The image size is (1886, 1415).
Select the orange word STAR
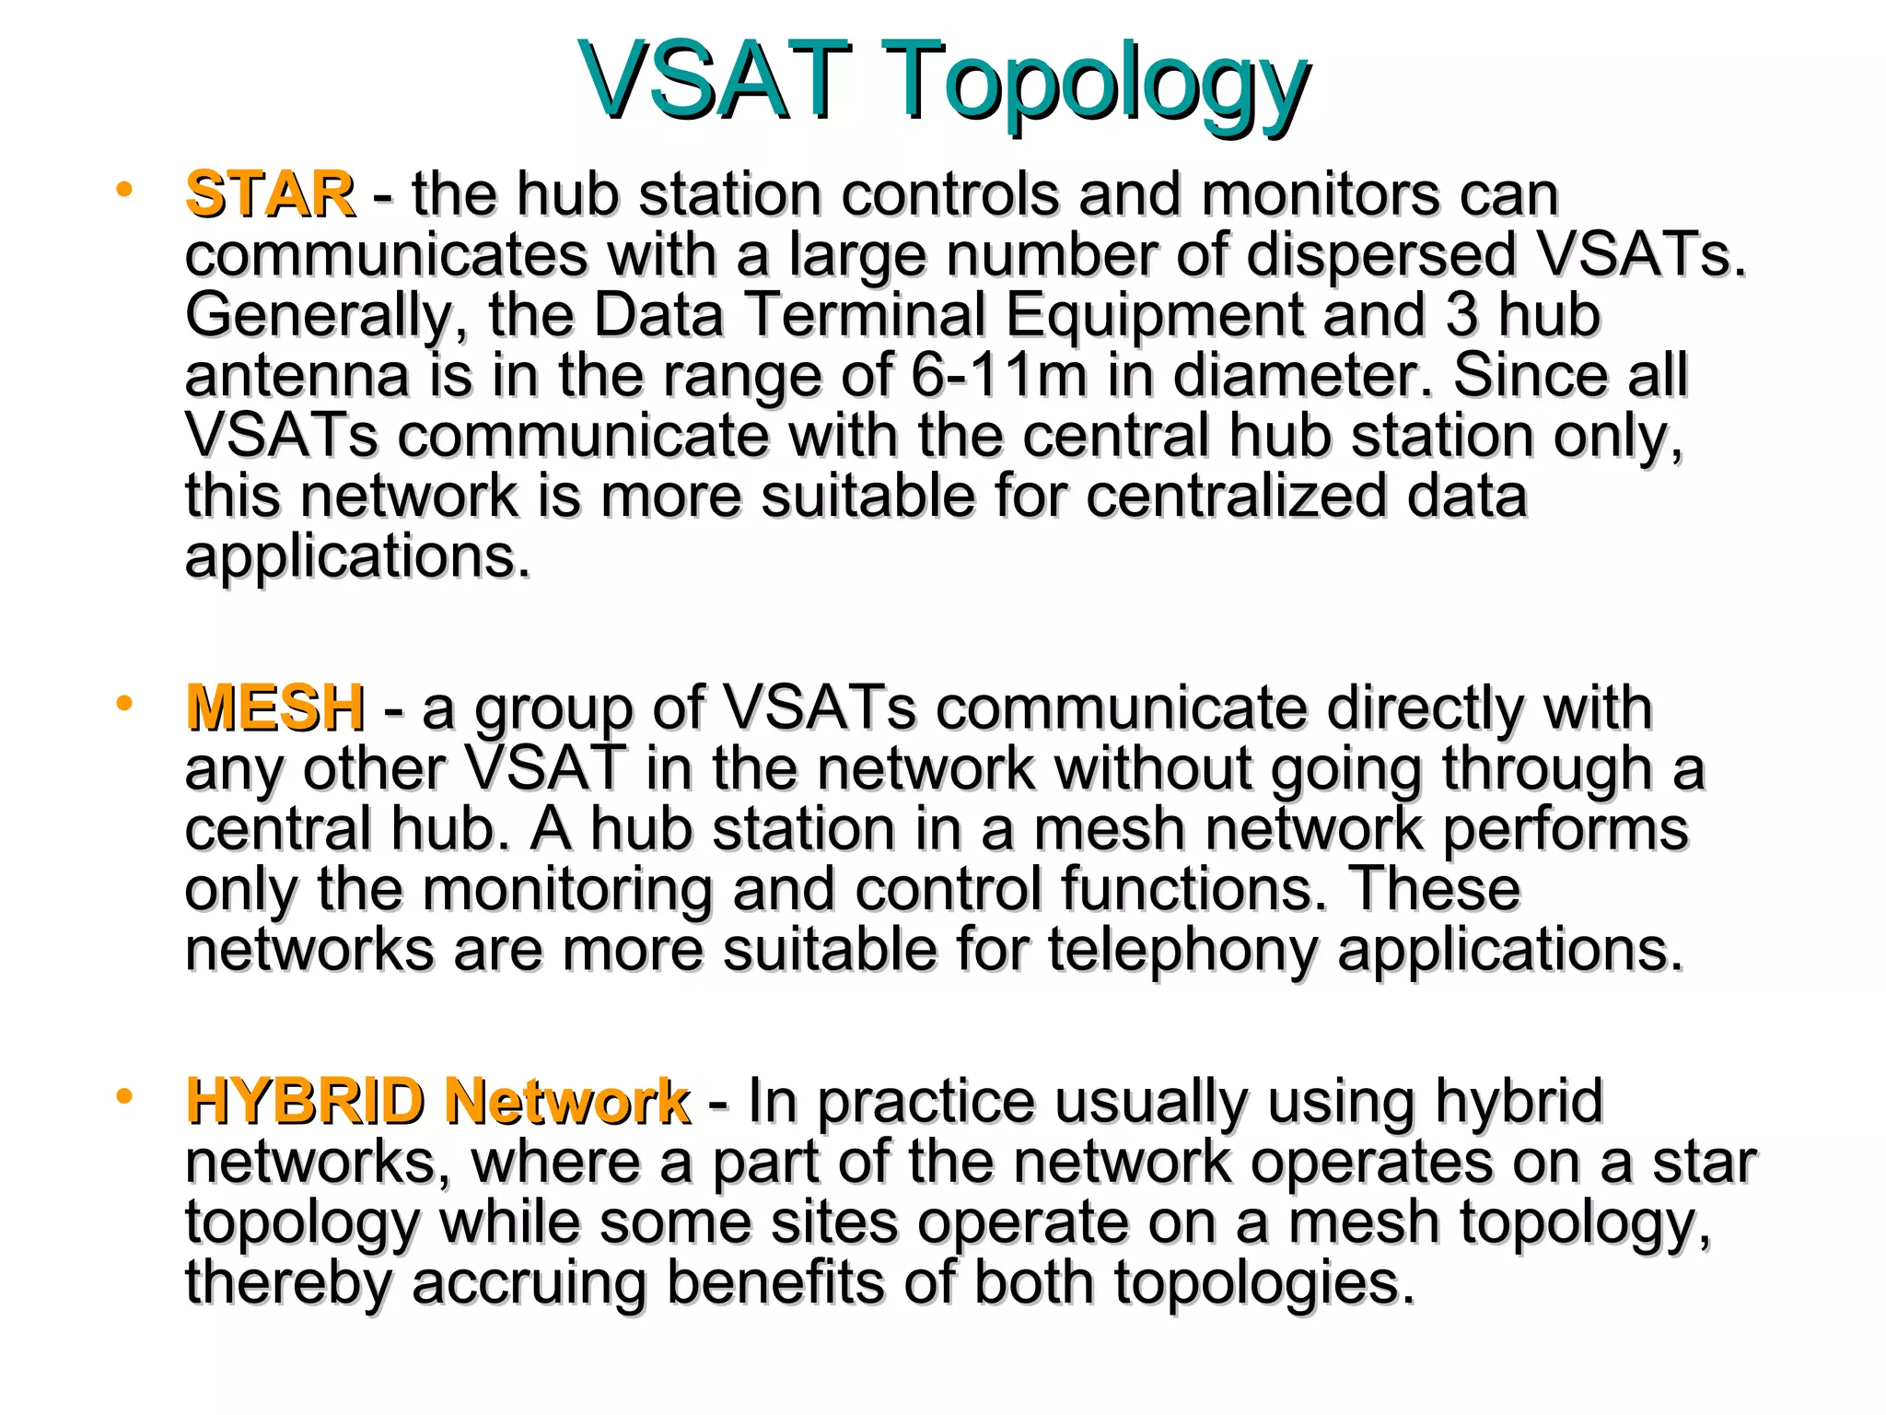(x=269, y=194)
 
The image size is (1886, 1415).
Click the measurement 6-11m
(x=999, y=375)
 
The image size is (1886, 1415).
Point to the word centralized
(x=1235, y=497)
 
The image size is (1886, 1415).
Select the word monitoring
(x=567, y=891)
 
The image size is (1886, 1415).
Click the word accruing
(x=529, y=1283)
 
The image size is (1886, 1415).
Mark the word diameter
(x=1302, y=375)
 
